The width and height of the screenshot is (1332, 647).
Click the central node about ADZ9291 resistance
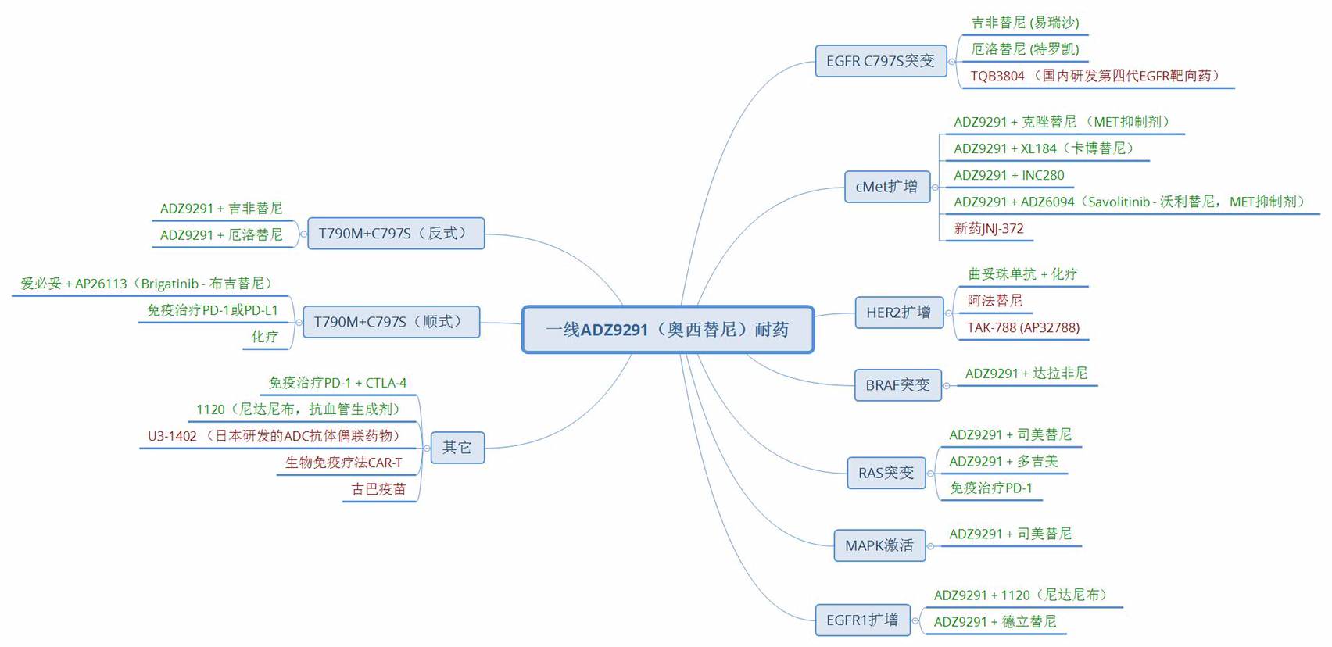[x=668, y=330]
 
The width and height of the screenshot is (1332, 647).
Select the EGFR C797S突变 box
[x=880, y=61]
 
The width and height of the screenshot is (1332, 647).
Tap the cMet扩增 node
[x=886, y=187]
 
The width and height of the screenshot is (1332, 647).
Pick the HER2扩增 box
[x=898, y=313]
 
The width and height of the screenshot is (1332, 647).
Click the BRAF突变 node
[x=897, y=385]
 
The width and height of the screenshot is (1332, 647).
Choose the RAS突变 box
[x=886, y=474]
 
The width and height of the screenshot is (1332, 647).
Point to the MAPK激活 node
[x=879, y=545]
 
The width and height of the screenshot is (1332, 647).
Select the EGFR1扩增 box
[x=861, y=620]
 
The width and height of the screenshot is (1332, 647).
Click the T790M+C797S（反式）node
[x=396, y=234]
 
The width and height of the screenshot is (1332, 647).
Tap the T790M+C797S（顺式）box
[x=391, y=322]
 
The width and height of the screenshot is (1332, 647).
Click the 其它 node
[x=457, y=448]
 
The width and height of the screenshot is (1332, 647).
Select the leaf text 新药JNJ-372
[x=988, y=228]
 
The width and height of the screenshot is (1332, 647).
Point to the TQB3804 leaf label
[x=1094, y=76]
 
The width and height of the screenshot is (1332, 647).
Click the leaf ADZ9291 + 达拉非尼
[x=1026, y=374]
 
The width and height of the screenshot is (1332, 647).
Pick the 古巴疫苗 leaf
[x=378, y=489]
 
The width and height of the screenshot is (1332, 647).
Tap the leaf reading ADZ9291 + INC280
[x=1008, y=175]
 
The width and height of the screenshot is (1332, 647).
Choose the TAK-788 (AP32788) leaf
[x=1022, y=327]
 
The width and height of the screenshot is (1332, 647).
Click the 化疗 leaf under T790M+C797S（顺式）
[x=264, y=337]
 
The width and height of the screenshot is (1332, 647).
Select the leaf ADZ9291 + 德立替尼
[x=994, y=622]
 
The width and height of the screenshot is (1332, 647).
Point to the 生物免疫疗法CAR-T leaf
[x=344, y=463]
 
